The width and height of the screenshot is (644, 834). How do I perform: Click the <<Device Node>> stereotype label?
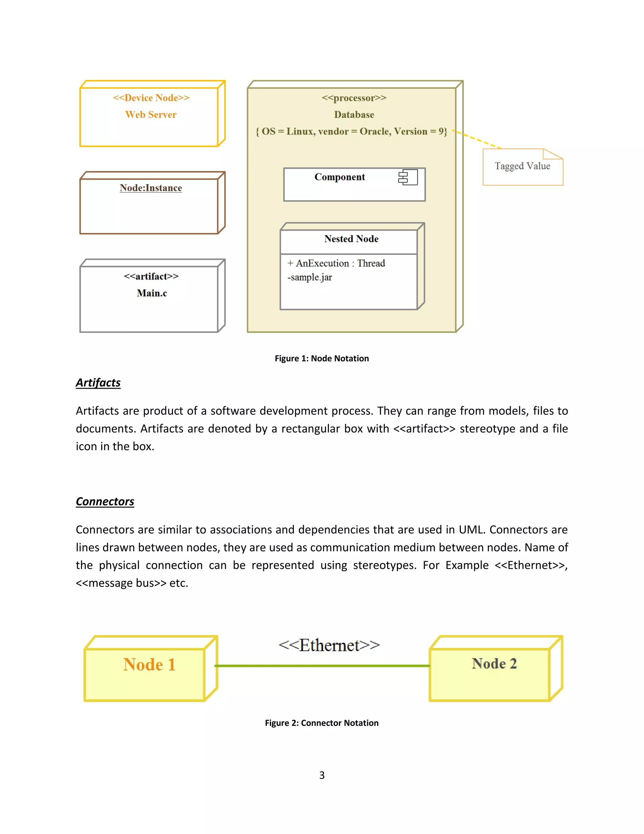[x=151, y=98]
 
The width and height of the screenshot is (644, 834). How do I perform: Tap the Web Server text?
[x=151, y=115]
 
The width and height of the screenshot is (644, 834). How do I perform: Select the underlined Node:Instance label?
[x=151, y=188]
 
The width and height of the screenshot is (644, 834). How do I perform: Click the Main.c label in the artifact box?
[x=152, y=293]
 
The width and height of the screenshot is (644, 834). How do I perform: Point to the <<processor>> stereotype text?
[x=354, y=98]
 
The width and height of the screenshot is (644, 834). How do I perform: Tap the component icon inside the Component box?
[x=408, y=178]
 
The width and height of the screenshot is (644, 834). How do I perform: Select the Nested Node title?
[x=351, y=239]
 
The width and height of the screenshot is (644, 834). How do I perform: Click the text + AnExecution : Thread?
[x=336, y=263]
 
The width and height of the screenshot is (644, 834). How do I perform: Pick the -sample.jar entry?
[x=310, y=277]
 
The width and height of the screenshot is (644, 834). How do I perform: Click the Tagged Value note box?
[x=522, y=167]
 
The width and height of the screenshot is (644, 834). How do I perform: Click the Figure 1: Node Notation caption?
[x=322, y=358]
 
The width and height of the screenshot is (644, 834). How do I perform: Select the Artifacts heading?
[x=98, y=383]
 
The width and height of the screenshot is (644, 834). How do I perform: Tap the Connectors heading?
[x=105, y=501]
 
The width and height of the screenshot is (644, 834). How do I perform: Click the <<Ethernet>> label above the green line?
[x=329, y=645]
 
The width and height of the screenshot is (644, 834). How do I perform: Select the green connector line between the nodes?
[x=322, y=666]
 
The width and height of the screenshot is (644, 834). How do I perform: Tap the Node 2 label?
[x=494, y=664]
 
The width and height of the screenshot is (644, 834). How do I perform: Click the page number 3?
[x=322, y=775]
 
